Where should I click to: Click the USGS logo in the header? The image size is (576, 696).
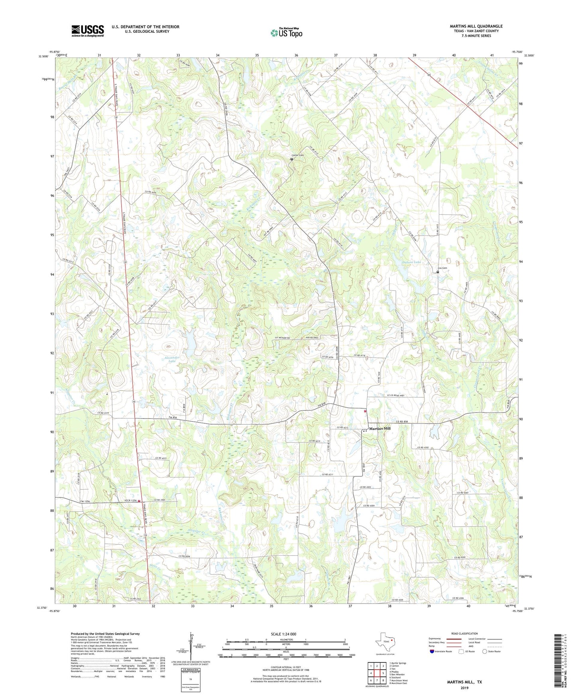pos(87,31)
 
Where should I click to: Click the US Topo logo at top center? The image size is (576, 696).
pos(286,33)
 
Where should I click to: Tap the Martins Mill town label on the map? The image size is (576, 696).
pos(379,429)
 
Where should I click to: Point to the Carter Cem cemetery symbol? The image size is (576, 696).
pos(291,159)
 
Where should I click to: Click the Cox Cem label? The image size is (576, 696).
pos(442,268)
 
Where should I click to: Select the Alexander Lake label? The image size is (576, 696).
pos(172,360)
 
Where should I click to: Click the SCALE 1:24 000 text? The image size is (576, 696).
pos(286,634)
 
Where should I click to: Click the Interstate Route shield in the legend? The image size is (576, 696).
pos(432,651)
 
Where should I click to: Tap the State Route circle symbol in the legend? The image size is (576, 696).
pos(484,651)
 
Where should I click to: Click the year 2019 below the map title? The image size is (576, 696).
pos(464,688)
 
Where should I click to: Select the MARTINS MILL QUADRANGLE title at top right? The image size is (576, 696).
pos(476,26)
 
